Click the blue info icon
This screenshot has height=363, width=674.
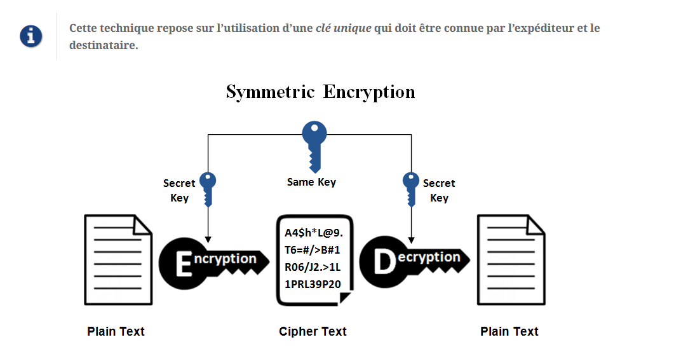click(30, 36)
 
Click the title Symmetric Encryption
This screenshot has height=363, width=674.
click(320, 92)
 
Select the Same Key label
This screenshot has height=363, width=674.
click(311, 182)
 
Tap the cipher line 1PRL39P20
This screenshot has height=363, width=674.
click(313, 283)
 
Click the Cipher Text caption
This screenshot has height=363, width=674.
click(313, 331)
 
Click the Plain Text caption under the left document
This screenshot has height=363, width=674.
click(116, 331)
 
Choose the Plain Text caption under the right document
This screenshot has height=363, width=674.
click(509, 331)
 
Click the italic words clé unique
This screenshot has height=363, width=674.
click(343, 28)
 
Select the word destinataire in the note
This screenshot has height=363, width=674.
click(103, 45)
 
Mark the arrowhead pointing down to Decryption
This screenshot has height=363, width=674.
click(411, 240)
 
